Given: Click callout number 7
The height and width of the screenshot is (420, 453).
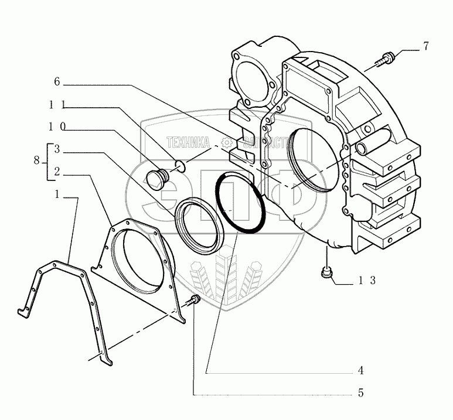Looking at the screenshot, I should coord(427,46).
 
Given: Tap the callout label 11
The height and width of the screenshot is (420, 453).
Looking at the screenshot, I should coord(56,105).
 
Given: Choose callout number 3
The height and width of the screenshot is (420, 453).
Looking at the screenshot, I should coord(57,149).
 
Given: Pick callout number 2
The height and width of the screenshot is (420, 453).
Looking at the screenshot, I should coord(57,172).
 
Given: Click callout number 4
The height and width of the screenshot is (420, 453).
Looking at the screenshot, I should coord(361,371).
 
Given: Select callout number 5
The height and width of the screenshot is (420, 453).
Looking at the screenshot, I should coord(361,393).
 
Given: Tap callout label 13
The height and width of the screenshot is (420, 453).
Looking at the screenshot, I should coord(367,281).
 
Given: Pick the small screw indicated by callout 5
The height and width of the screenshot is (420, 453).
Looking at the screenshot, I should coord(194,301).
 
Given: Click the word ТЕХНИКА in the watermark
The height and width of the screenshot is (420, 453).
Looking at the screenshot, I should coord(188,142).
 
